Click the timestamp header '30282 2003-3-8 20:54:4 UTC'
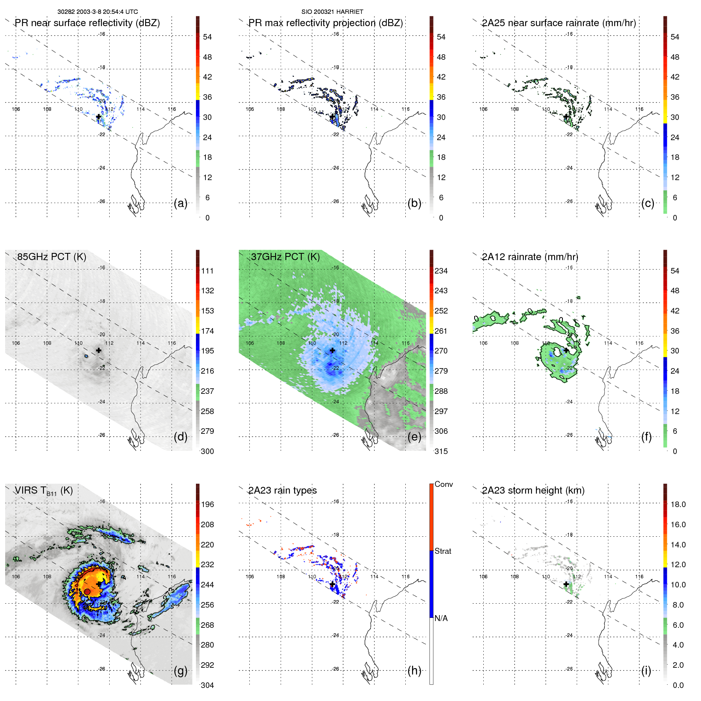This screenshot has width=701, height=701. pyautogui.click(x=97, y=12)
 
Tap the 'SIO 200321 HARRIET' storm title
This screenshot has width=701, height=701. pyautogui.click(x=332, y=12)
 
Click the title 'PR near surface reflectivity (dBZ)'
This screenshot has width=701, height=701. pyautogui.click(x=87, y=23)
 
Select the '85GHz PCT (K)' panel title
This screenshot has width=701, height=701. pyautogui.click(x=51, y=257)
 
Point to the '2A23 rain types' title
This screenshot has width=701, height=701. pyautogui.click(x=282, y=490)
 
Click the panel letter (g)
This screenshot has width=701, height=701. pyautogui.click(x=180, y=671)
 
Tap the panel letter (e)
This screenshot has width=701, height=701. pyautogui.click(x=414, y=437)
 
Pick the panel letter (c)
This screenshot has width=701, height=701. pyautogui.click(x=648, y=203)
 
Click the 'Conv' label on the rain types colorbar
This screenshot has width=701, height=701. pyautogui.click(x=443, y=484)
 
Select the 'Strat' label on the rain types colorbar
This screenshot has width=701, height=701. pyautogui.click(x=443, y=551)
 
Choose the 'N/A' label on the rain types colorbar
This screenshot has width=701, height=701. pyautogui.click(x=441, y=618)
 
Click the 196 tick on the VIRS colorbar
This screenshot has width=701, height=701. pyautogui.click(x=207, y=504)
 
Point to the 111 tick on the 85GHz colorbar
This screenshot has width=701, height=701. pyautogui.click(x=207, y=271)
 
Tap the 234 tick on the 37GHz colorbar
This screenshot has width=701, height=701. pyautogui.click(x=441, y=271)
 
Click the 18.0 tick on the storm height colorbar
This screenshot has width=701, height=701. pyautogui.click(x=678, y=504)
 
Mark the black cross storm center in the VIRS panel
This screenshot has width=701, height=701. pyautogui.click(x=99, y=584)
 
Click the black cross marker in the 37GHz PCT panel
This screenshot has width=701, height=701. pyautogui.click(x=332, y=350)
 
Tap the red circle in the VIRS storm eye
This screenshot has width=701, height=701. pyautogui.click(x=87, y=591)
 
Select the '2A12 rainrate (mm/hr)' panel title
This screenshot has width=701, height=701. pyautogui.click(x=530, y=257)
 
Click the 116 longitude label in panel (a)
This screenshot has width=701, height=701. pyautogui.click(x=171, y=109)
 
